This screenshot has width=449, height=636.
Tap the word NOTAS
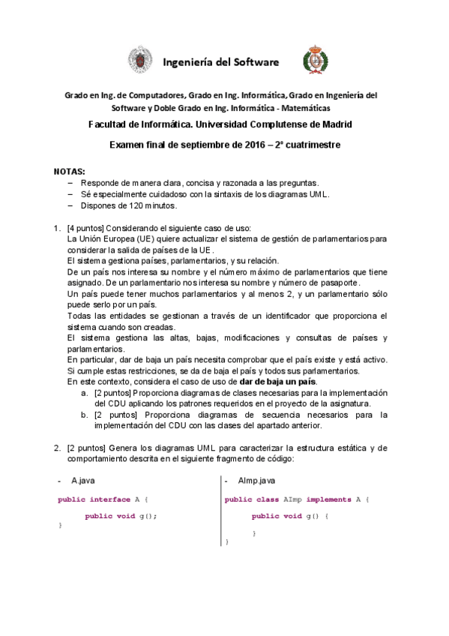pyautogui.click(x=70, y=172)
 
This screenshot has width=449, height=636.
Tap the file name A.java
pyautogui.click(x=83, y=479)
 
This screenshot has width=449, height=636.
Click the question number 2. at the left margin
pyautogui.click(x=57, y=448)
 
